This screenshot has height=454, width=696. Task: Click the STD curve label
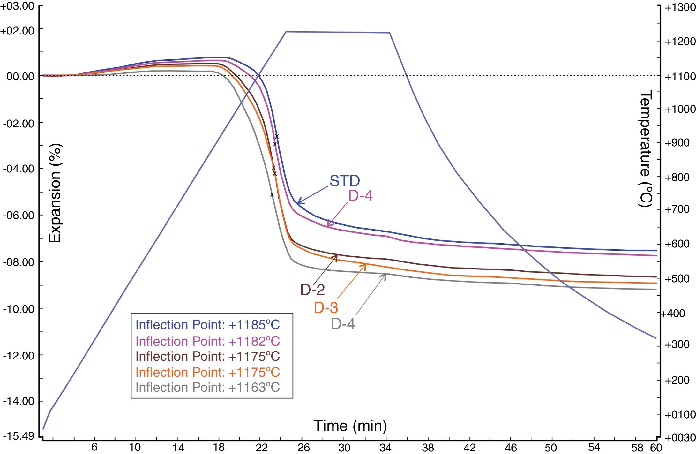pyautogui.click(x=345, y=181)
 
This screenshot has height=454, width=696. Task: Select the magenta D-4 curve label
pyautogui.click(x=360, y=196)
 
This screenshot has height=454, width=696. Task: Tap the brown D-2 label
pyautogui.click(x=312, y=290)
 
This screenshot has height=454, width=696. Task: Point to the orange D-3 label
pyautogui.click(x=326, y=307)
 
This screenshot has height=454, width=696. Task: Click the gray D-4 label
pyautogui.click(x=343, y=324)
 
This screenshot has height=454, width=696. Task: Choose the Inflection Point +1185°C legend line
pyautogui.click(x=207, y=325)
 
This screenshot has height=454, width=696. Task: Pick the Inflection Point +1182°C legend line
pyautogui.click(x=207, y=341)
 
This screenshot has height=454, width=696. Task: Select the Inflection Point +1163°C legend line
pyautogui.click(x=207, y=387)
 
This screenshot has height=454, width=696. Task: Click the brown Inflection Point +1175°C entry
pyautogui.click(x=207, y=356)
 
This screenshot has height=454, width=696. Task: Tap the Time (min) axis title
pyautogui.click(x=350, y=426)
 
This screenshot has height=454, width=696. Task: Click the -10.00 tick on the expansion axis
pyautogui.click(x=19, y=309)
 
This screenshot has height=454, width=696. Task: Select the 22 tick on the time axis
pyautogui.click(x=261, y=448)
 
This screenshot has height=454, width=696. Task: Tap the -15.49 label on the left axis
pyautogui.click(x=19, y=436)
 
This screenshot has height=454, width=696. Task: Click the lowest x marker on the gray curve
pyautogui.click(x=272, y=194)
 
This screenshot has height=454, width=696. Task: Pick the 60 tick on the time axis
pyautogui.click(x=656, y=448)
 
